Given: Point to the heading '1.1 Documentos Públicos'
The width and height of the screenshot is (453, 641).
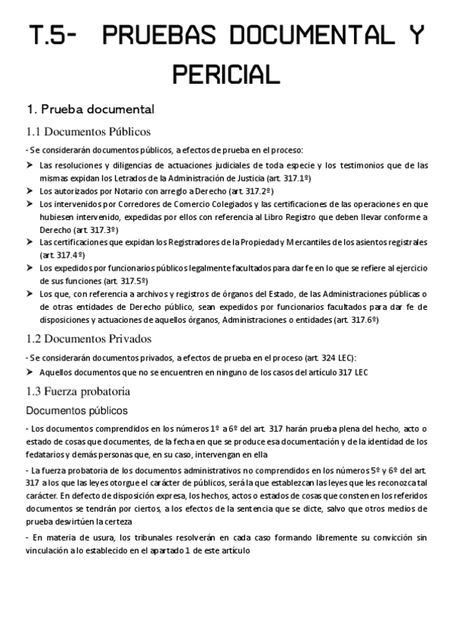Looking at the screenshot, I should point(88,131).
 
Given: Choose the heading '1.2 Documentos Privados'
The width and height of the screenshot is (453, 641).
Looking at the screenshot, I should point(88,338).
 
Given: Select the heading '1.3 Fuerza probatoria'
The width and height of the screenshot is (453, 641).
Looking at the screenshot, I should point(79,392).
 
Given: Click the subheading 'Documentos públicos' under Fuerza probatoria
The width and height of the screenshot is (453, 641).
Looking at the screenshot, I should point(76,410).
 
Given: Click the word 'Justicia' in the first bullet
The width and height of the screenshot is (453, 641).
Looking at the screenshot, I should point(251,178).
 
